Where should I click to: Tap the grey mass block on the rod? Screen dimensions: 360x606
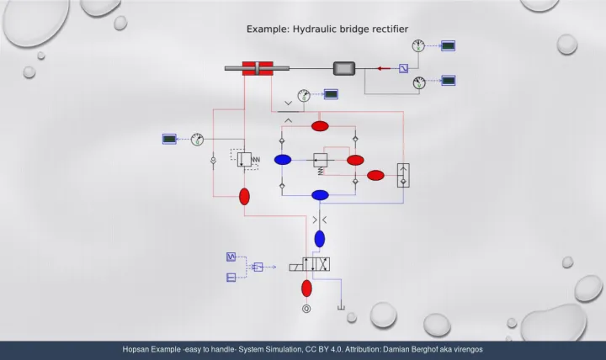coord(345,68)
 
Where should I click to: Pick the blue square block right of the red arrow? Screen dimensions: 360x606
coord(404,68)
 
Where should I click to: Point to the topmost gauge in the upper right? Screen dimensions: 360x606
coord(418,45)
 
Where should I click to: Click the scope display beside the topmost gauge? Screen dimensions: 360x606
coord(449,45)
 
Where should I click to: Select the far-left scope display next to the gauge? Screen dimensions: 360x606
coord(170,138)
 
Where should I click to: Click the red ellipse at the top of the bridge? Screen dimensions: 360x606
coord(320,126)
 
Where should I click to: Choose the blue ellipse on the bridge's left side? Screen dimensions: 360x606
coord(283,160)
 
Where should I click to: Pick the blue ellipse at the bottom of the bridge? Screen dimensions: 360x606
coord(320,195)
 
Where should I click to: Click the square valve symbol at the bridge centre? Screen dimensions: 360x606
coord(320,160)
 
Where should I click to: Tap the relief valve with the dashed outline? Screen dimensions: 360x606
coord(245,158)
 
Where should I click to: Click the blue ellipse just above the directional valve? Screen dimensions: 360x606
coord(319,239)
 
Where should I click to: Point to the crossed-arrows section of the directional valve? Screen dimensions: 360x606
coord(322,265)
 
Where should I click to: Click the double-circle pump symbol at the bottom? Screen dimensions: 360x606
coord(306,309)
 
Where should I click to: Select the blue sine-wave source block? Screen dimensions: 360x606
coord(231,257)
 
